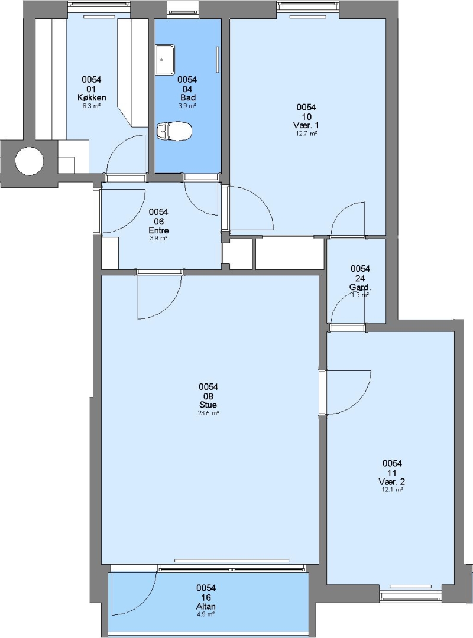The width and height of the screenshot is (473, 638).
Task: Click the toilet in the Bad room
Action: (x=174, y=131)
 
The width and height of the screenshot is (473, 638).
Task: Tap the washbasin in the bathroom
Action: (x=165, y=60)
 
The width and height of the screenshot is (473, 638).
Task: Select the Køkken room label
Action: (x=92, y=97)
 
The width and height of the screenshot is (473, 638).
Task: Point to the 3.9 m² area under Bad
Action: (x=187, y=106)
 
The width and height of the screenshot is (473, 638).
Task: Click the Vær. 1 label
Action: (x=306, y=125)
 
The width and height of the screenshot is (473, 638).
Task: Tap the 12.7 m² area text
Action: (x=306, y=133)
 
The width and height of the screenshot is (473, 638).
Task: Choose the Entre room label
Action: (x=158, y=230)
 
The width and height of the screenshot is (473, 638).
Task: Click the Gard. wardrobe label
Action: (x=360, y=287)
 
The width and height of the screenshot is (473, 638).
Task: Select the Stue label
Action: (x=208, y=405)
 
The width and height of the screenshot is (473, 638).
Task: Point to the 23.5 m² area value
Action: (x=208, y=413)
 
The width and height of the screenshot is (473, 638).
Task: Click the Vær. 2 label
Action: (x=392, y=482)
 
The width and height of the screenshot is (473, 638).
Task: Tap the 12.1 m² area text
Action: (x=393, y=490)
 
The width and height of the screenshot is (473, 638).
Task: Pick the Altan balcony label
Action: (x=206, y=606)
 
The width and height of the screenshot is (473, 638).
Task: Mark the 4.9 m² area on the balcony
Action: (x=206, y=614)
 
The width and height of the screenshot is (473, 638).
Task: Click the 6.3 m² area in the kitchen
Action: (x=92, y=106)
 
